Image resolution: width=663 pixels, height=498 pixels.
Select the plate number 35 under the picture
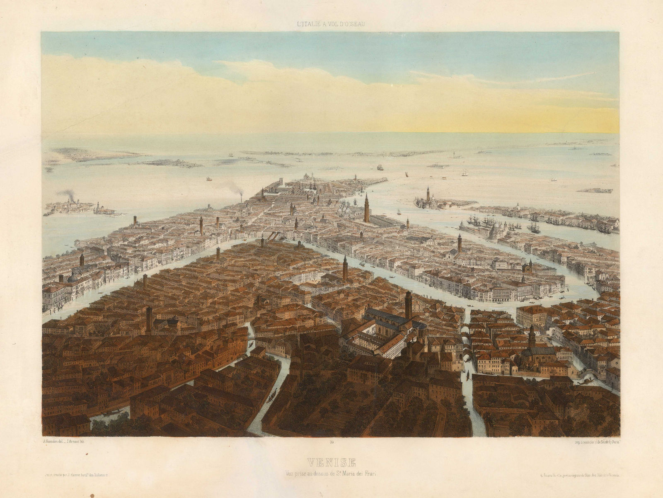[332, 444]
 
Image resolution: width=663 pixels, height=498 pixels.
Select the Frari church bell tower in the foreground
[409, 305]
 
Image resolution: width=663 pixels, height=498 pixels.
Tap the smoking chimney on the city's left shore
[242, 199]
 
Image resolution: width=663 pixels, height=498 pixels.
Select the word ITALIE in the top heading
[308, 24]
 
